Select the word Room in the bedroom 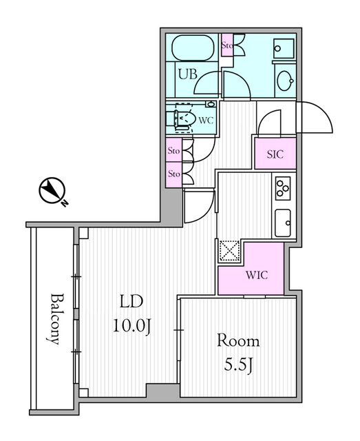[x=238, y=340]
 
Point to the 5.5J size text [x=238, y=363]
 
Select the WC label [x=205, y=120]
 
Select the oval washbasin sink [x=284, y=82]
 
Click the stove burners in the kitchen [x=283, y=188]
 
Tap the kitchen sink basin [x=284, y=222]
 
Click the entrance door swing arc [x=315, y=119]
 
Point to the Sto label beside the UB [x=227, y=46]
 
